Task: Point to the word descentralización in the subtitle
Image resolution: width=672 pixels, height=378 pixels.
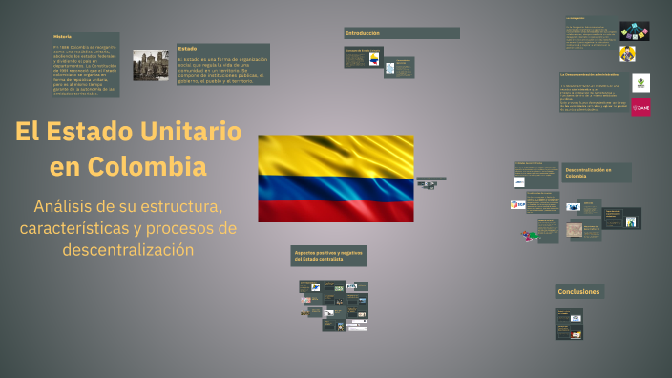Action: tap(128, 250)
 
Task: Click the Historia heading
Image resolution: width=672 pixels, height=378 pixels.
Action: tap(63, 36)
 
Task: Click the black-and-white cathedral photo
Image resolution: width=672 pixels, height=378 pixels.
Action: tap(150, 64)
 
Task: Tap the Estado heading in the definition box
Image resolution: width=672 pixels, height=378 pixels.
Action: tap(188, 48)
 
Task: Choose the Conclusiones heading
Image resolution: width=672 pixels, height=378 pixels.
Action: tap(579, 291)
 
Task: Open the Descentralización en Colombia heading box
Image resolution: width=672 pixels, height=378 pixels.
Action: tap(596, 172)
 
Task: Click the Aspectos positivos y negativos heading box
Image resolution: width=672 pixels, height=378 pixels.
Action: tap(328, 256)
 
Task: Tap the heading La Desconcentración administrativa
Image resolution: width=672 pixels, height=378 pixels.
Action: tap(589, 73)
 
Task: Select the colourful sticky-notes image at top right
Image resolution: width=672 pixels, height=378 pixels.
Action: tap(635, 31)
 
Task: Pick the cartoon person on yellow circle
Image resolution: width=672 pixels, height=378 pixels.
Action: tap(630, 52)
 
